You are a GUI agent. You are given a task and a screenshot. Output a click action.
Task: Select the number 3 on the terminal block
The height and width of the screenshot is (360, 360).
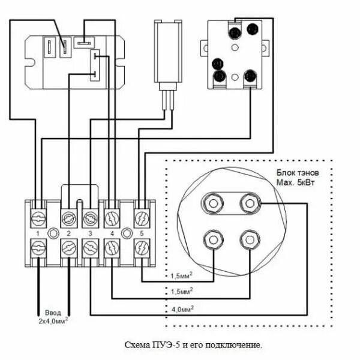90,232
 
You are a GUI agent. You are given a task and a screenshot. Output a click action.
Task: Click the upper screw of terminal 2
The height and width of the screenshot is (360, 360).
68,216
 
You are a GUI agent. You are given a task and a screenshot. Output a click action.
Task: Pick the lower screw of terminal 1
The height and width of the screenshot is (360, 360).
37,247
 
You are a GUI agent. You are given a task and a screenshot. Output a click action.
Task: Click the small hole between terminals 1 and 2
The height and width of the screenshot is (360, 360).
53,232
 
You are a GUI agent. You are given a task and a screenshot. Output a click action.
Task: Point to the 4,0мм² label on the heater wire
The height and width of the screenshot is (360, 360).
183,308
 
